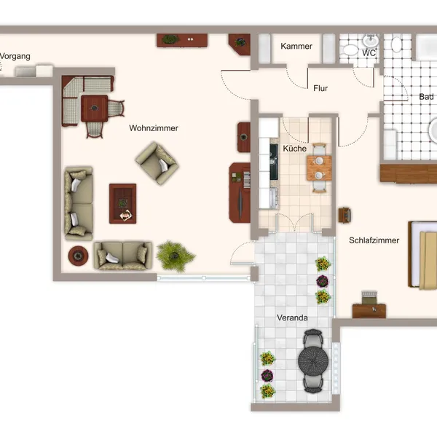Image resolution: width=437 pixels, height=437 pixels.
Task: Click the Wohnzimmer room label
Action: coord(154,128)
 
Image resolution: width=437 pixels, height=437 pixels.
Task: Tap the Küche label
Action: coord(294,149)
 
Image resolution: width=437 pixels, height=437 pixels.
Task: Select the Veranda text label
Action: coord(292,318)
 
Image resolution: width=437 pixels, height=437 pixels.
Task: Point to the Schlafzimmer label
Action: coord(374,240)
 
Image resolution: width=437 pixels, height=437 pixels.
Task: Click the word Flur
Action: coord(320,88)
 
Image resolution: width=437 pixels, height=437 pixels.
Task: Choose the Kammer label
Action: coord(296,46)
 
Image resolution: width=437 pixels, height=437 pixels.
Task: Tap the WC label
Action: coord(369,53)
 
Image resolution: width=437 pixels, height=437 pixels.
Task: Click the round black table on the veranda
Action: coord(313,361)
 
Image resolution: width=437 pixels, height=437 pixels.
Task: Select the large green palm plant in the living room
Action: coord(175,256)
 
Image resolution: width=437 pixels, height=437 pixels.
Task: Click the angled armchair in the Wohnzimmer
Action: coord(157,163)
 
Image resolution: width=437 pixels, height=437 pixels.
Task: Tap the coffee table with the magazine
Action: coord(122,203)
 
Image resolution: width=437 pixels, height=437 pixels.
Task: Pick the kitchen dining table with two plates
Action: coord(319,168)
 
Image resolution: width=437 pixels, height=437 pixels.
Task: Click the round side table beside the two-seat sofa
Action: coord(79,256)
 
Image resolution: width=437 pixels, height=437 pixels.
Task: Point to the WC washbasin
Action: coord(371,41)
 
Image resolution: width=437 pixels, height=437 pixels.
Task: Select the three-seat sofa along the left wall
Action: coord(79,203)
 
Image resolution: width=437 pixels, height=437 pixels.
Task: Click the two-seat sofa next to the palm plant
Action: coord(123,256)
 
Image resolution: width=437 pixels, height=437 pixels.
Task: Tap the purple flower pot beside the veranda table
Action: coord(267,375)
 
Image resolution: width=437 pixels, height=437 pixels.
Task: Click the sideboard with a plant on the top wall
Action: coord(182,40)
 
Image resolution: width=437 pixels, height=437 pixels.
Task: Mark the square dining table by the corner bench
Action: coord(95,109)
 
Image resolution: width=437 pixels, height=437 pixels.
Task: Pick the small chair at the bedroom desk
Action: coord(369,298)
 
